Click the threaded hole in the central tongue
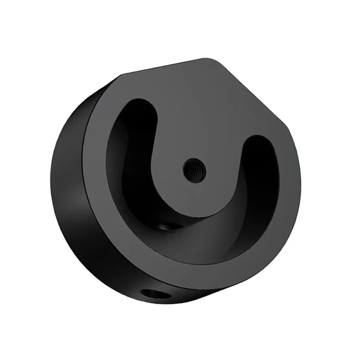click(x=194, y=169)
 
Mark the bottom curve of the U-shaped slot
click(x=189, y=243)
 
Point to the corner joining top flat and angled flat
click(x=214, y=60)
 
